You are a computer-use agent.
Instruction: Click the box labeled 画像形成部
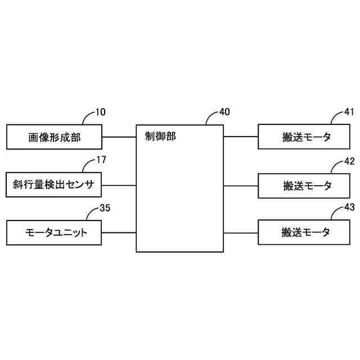click(54, 136)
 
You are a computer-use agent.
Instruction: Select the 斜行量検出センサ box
click(54, 184)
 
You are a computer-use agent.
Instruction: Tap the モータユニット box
click(54, 232)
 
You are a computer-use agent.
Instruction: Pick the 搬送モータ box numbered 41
click(307, 137)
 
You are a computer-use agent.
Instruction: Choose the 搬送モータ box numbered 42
click(307, 185)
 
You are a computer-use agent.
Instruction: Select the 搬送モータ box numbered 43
click(307, 232)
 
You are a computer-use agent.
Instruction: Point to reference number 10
click(100, 112)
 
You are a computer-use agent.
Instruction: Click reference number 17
click(101, 160)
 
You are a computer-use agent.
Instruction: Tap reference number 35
click(105, 208)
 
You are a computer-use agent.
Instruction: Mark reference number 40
click(224, 112)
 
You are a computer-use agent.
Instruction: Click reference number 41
click(349, 112)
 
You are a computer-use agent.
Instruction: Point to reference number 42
click(349, 160)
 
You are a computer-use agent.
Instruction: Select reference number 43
click(349, 208)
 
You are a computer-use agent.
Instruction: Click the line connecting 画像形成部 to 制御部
click(119, 137)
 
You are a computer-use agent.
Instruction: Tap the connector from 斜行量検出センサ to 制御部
click(119, 184)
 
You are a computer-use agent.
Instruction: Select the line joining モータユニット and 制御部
click(119, 232)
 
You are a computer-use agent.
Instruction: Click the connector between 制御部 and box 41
click(241, 137)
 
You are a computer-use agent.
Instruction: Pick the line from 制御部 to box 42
click(241, 184)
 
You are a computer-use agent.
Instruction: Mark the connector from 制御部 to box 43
click(241, 232)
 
